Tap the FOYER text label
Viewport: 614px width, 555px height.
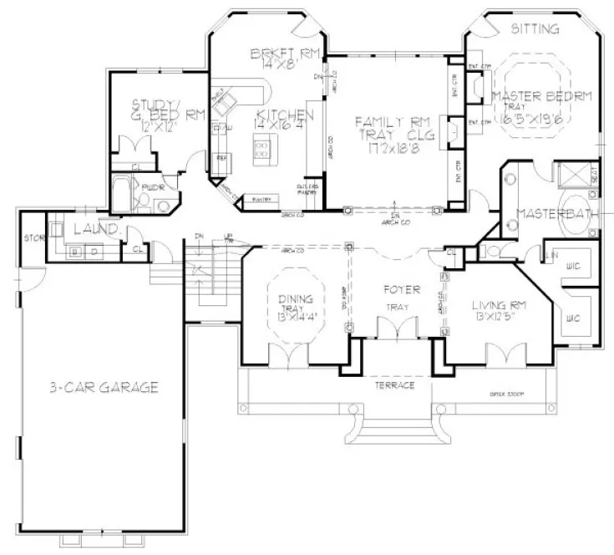pos(394,291)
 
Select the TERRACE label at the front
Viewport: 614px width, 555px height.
pos(394,386)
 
